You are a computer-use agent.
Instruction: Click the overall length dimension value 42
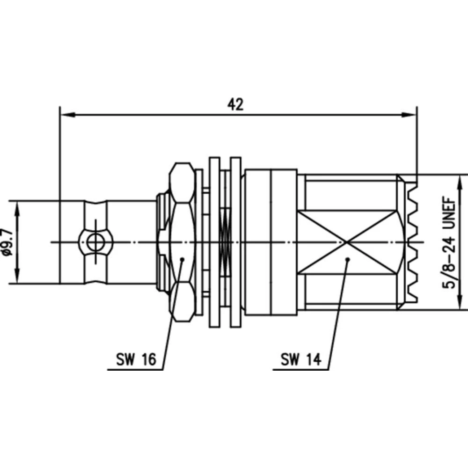click(236, 104)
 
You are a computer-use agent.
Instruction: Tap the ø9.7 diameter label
click(6, 242)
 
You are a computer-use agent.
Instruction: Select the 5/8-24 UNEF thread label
click(450, 241)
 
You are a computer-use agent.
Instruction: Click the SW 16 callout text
click(135, 359)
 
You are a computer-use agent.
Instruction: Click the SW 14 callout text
click(300, 359)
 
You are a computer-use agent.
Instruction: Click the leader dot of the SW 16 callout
click(182, 258)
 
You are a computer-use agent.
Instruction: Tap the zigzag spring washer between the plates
click(225, 242)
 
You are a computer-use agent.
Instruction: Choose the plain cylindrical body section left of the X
click(271, 242)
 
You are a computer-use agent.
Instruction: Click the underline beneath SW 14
click(300, 370)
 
